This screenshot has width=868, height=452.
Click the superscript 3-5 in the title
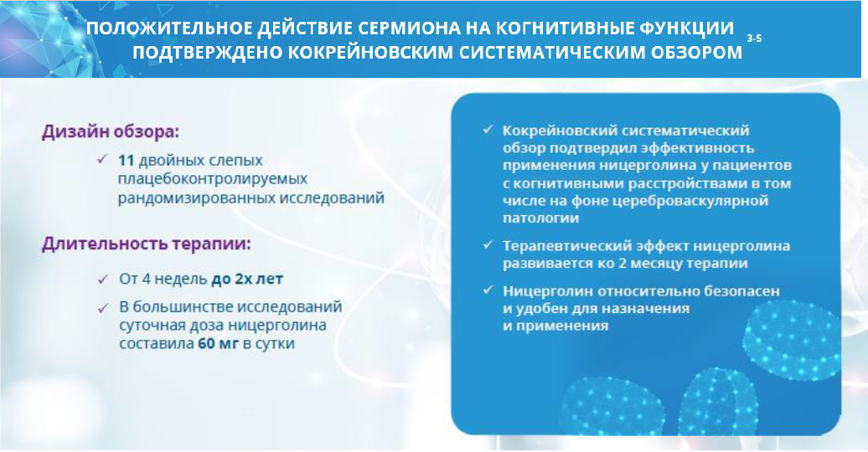(754, 39)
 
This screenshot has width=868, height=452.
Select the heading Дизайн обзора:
(111, 133)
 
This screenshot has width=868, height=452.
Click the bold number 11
(127, 161)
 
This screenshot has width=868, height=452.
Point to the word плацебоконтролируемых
(213, 179)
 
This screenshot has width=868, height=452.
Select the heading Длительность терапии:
(146, 244)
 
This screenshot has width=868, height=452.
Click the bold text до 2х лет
(247, 279)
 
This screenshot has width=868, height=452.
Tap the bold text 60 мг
(218, 343)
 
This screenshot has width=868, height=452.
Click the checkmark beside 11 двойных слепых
(102, 159)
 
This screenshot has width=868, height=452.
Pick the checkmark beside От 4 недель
(103, 280)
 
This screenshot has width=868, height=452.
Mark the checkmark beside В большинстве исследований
(103, 308)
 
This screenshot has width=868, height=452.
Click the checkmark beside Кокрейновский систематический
(488, 130)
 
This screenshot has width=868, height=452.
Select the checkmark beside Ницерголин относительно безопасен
(488, 290)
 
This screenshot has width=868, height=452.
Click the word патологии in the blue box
(541, 218)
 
